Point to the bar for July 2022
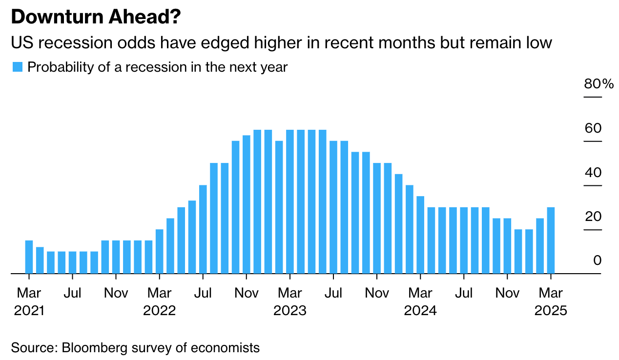tap(203, 229)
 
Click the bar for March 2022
tap(160, 251)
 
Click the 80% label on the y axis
tap(598, 84)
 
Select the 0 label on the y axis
tap(597, 260)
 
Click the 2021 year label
tap(29, 311)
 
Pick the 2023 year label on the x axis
tap(290, 311)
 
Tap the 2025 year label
tap(551, 311)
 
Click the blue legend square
tap(18, 67)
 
